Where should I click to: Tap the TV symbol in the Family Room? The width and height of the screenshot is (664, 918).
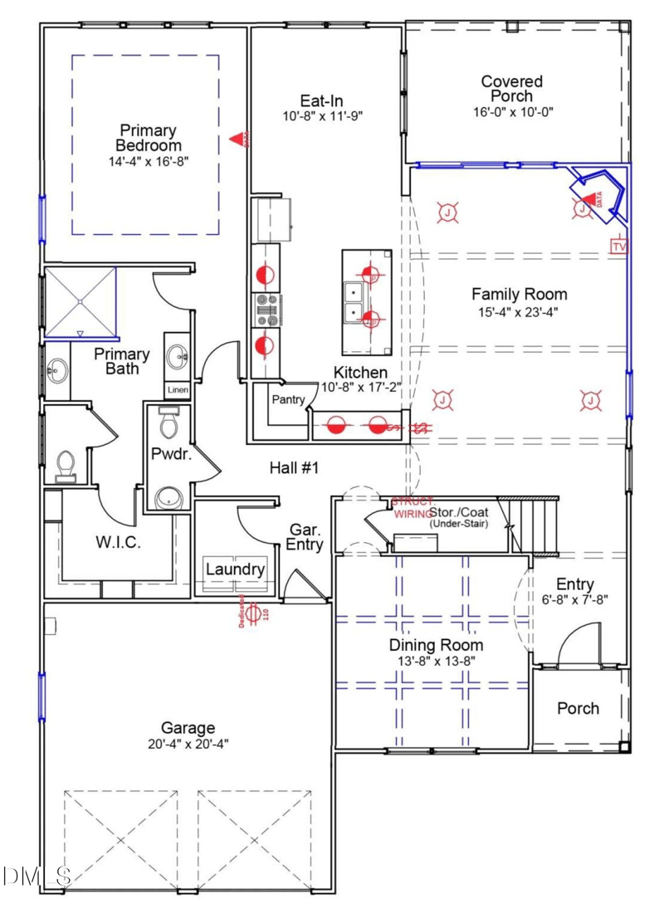tap(618, 247)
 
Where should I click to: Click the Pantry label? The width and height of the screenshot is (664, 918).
tap(286, 399)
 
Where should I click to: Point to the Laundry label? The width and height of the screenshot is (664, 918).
tap(235, 569)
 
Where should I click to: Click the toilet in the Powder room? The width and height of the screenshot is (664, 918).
tap(169, 424)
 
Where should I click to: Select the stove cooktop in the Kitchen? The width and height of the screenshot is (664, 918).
tap(266, 309)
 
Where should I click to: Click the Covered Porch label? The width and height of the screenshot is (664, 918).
tap(512, 88)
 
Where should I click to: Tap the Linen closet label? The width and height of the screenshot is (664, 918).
tap(177, 389)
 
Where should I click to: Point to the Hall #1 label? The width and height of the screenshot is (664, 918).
tap(295, 468)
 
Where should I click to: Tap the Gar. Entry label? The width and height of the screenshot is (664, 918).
tap(306, 537)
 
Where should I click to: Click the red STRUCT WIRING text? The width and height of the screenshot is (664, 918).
tap(412, 508)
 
